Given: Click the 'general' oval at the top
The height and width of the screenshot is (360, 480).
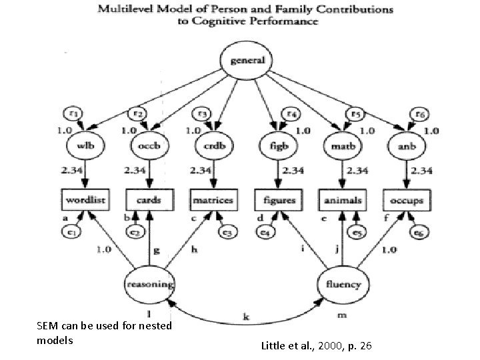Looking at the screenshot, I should pos(248,61).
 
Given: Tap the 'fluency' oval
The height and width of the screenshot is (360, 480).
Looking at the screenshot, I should pos(343,285).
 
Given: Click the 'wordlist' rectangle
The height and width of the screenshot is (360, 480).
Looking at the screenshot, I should pos(87,199).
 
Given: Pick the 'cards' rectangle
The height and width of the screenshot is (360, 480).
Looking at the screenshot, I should pos(149,199).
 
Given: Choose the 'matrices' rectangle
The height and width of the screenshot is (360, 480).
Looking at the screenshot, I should pos(213,199).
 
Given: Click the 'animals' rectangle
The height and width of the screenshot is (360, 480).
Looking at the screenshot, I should pos(343,199).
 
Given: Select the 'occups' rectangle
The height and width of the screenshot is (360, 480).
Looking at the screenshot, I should pos(405,199).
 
